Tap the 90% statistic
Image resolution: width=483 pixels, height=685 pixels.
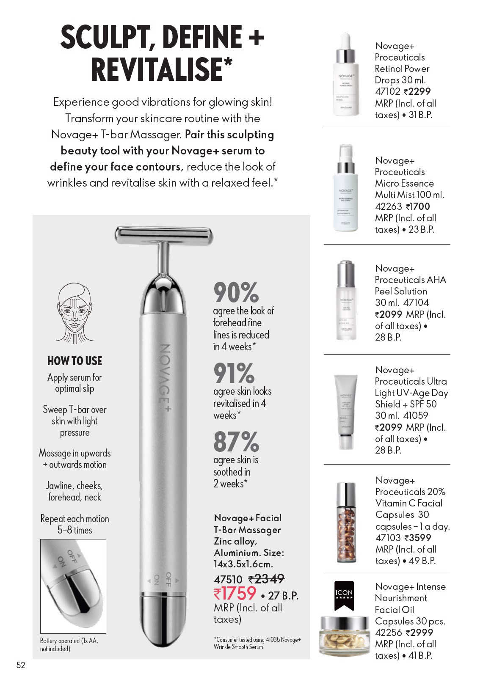point(236,293)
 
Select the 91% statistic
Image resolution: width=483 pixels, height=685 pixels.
point(234,373)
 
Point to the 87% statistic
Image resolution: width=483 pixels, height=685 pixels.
point(236,442)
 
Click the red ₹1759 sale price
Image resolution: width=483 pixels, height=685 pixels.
point(235,594)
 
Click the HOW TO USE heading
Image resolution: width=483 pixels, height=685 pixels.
point(75,361)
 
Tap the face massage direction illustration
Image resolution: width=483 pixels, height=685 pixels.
point(75,312)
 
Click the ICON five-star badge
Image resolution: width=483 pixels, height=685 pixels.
point(344,595)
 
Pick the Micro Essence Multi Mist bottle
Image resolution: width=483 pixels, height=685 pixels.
point(346,188)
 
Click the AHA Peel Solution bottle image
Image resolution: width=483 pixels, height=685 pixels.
point(346,300)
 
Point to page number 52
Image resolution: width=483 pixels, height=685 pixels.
point(21,665)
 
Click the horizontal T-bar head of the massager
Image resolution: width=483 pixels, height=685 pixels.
point(164,235)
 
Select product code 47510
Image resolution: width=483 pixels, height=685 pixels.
point(228,579)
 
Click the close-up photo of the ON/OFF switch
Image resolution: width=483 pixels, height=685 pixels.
point(73,586)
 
